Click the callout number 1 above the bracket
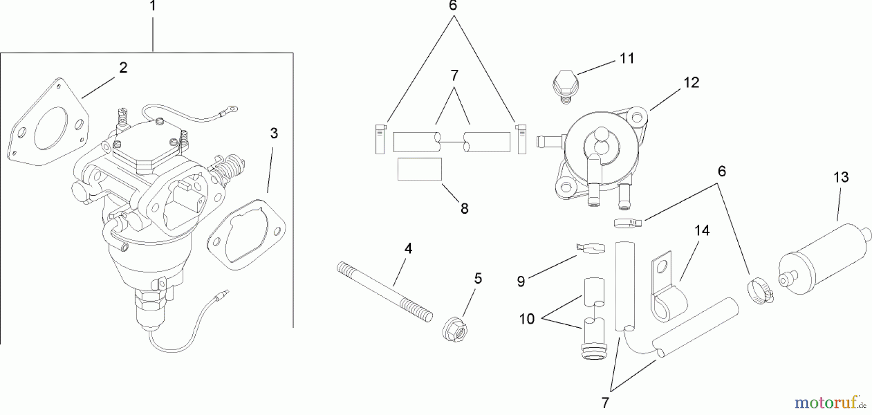point(153,7)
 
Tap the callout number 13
point(841,177)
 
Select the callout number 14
point(701,231)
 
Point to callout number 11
point(627,59)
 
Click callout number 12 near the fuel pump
point(691,83)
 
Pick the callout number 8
point(464,209)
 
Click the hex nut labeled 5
point(455,329)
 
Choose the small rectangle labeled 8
point(420,169)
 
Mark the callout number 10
point(527,319)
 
